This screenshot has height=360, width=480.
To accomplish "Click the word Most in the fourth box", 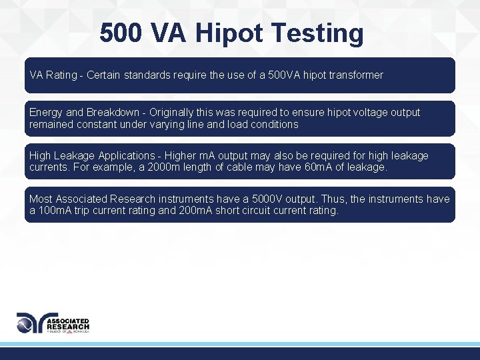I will [41, 199].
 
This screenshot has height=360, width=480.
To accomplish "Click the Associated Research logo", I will [53, 323].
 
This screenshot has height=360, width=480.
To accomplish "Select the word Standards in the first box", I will [147, 75].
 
